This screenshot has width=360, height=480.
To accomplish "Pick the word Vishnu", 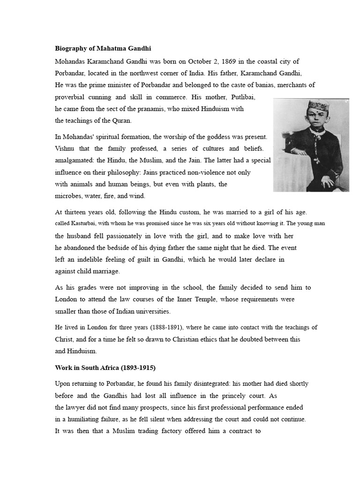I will click(x=66, y=149).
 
